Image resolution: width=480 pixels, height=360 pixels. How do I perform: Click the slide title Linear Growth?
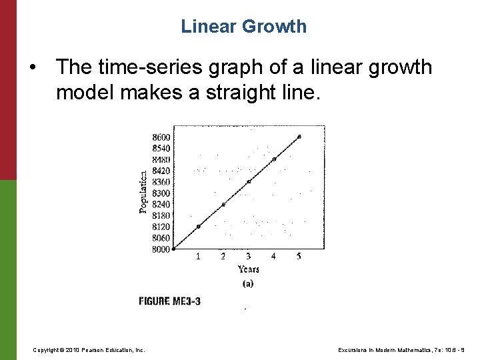coord(243,27)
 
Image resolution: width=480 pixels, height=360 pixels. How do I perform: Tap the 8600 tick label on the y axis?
coord(161,137)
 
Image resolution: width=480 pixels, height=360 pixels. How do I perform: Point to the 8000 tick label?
coord(161,249)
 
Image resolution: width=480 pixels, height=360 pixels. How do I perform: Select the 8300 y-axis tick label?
coord(161,193)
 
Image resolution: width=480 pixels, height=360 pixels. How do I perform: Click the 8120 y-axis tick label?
coord(161,227)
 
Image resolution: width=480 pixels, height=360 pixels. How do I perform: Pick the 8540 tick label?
coord(161,148)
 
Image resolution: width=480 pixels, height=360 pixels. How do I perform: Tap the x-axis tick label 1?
coord(198,257)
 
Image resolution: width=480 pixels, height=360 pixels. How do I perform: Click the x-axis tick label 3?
coord(249,257)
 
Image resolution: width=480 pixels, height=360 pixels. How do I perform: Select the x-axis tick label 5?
coord(299,257)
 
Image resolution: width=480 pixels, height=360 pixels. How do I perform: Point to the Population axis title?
coord(143,192)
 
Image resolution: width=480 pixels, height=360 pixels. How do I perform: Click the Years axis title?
coord(249,269)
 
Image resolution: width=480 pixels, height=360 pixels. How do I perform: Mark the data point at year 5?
coord(299,136)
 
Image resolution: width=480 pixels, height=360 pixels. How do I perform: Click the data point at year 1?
coord(198,227)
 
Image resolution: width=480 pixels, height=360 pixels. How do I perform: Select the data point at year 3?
coord(249,181)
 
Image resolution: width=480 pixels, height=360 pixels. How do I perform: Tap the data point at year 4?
coord(274,159)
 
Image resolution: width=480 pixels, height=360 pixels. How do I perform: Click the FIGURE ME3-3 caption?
coord(169,301)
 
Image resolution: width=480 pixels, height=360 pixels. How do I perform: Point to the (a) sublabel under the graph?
coord(247,283)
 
